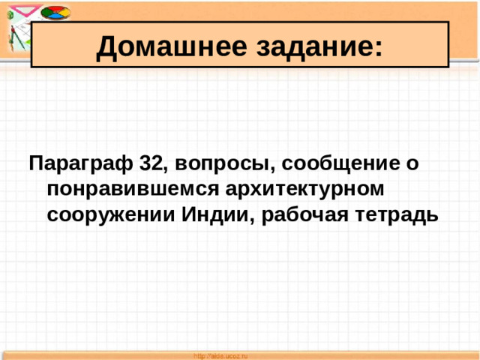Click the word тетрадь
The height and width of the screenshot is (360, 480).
coord(396,214)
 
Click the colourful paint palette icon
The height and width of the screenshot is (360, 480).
coord(53,13)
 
